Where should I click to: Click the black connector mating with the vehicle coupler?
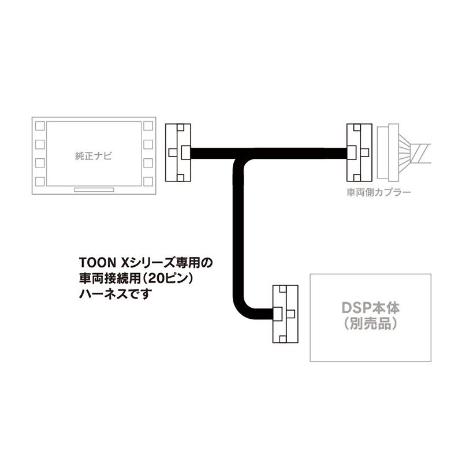point(358,152)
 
